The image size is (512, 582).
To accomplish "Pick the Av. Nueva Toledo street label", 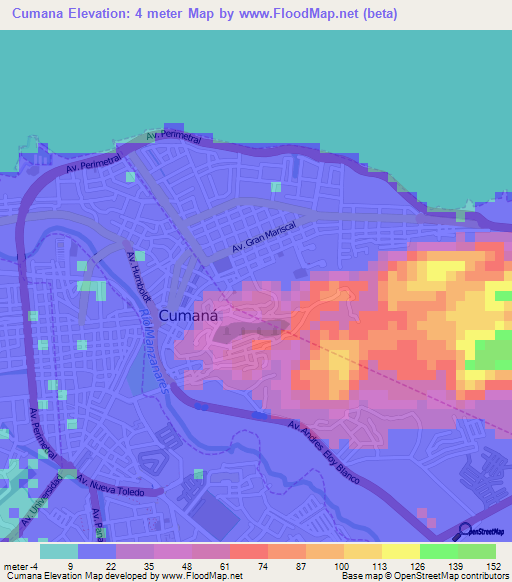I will click(x=119, y=487).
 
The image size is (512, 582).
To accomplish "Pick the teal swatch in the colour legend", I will click(x=59, y=550).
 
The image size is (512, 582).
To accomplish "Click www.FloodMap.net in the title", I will click(x=301, y=14).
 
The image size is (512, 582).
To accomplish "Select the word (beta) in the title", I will click(x=379, y=14).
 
